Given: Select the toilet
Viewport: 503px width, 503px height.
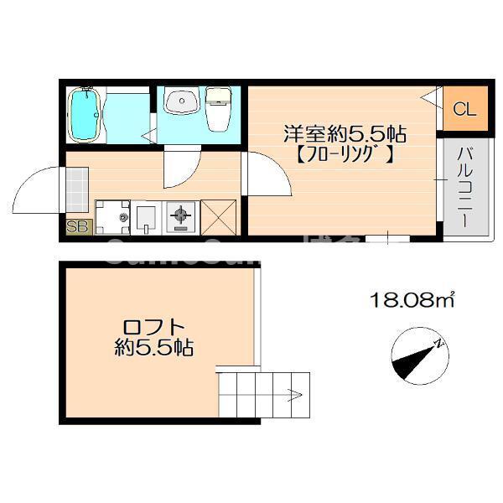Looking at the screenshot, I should point(218,108).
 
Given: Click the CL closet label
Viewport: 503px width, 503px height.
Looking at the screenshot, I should point(464,109).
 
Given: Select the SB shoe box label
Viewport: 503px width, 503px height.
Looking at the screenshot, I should point(77,226).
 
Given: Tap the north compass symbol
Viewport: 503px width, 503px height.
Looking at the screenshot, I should point(416,355).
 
